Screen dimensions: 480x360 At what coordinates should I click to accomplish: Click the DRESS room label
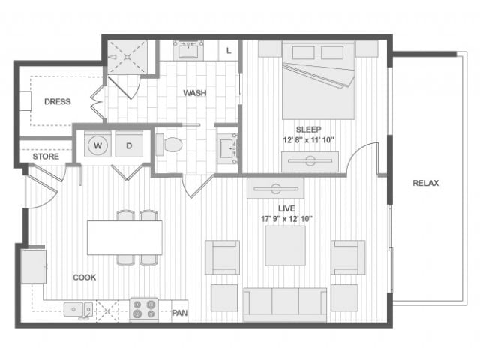[58, 101]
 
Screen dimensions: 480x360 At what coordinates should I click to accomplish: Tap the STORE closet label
[46, 157]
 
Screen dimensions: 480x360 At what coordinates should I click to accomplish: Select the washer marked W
[97, 145]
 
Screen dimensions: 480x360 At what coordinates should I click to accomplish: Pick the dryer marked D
[129, 145]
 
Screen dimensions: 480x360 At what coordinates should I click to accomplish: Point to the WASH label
[195, 93]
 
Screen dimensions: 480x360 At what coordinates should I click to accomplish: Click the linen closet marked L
[228, 50]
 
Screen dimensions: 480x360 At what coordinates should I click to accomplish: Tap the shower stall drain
[127, 57]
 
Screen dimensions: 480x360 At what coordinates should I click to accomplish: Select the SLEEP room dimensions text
[308, 140]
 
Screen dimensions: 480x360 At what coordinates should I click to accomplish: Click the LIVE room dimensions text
[286, 219]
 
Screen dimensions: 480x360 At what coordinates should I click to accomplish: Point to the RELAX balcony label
[425, 183]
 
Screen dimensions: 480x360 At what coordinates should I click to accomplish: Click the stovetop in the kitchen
[143, 310]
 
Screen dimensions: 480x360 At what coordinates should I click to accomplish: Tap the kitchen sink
[78, 309]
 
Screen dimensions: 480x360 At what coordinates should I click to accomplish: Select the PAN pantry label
[179, 313]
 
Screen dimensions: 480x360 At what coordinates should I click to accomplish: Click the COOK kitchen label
[84, 277]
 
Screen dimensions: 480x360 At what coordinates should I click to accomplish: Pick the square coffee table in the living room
[285, 246]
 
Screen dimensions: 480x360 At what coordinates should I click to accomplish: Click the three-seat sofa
[285, 305]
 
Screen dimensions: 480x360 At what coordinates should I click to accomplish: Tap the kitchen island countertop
[124, 238]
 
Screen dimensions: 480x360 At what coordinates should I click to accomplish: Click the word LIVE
[286, 208]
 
